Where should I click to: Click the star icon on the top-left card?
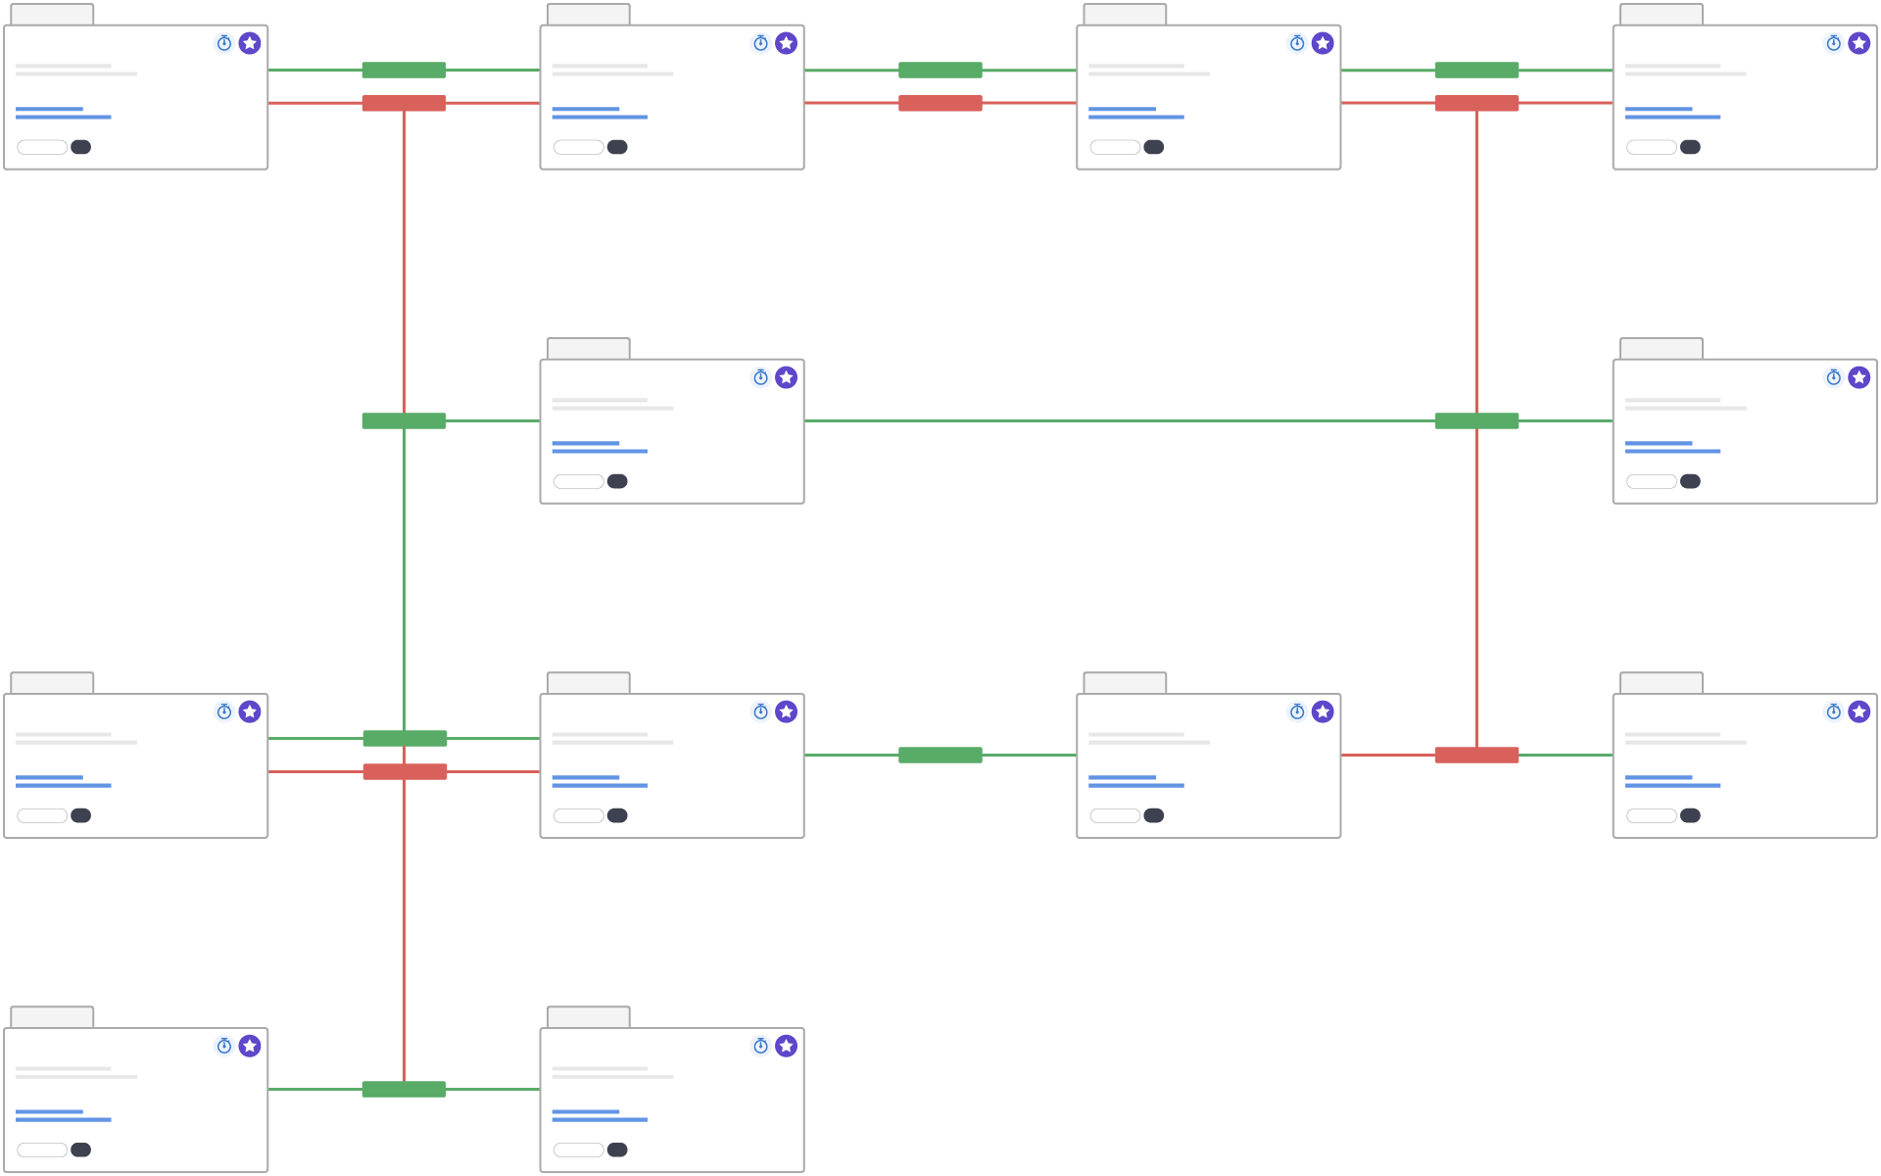pos(250,43)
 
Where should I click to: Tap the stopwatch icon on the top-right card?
pos(1833,43)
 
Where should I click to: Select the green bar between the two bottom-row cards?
pos(404,1089)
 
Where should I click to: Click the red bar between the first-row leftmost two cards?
pos(404,103)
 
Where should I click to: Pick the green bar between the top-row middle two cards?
pos(940,70)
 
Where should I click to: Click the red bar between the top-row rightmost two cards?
pos(1476,103)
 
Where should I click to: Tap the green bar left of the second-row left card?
pos(404,420)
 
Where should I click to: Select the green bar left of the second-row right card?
pos(1476,420)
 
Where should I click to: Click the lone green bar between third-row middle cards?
pos(940,755)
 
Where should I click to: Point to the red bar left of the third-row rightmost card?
pos(1476,755)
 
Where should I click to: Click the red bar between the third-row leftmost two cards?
pos(405,771)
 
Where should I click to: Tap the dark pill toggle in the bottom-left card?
pos(81,1150)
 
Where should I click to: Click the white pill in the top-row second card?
pos(578,147)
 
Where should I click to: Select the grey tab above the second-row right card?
pos(1661,349)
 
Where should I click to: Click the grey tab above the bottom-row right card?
pos(588,1017)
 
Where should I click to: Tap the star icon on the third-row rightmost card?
pos(1858,711)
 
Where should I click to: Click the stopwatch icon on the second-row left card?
pos(760,377)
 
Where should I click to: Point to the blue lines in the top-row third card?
pos(1135,113)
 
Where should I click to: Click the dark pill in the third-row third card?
pos(1154,815)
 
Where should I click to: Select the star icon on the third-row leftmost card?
pos(250,711)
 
